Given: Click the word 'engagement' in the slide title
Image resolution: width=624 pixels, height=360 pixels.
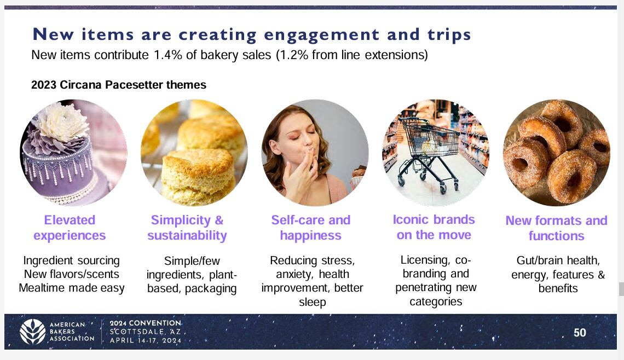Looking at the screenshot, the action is pos(321,35).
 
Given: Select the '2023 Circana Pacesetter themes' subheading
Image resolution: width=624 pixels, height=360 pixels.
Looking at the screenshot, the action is pos(119,85).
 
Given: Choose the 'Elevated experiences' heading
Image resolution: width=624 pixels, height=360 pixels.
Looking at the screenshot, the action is pos(70,228).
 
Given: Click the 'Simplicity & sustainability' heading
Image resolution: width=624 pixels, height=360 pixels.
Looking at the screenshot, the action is pos(187,228).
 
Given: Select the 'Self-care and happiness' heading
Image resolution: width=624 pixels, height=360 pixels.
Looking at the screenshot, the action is pos(311,228).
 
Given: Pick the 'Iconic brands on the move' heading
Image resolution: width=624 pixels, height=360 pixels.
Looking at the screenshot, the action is pos(434,227).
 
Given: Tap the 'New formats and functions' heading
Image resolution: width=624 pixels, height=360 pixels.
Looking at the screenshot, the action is pos(556,228).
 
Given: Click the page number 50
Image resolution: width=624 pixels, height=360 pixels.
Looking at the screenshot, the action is pos(580,333).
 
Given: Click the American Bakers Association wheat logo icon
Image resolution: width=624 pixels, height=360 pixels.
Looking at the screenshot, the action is pos(33,332).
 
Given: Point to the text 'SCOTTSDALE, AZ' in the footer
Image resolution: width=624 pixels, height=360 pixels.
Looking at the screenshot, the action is pos(145,332).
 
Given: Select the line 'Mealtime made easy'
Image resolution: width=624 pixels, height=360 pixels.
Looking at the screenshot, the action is pos(72,288).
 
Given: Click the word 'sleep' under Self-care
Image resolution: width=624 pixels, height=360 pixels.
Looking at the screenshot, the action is pos(313,303).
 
